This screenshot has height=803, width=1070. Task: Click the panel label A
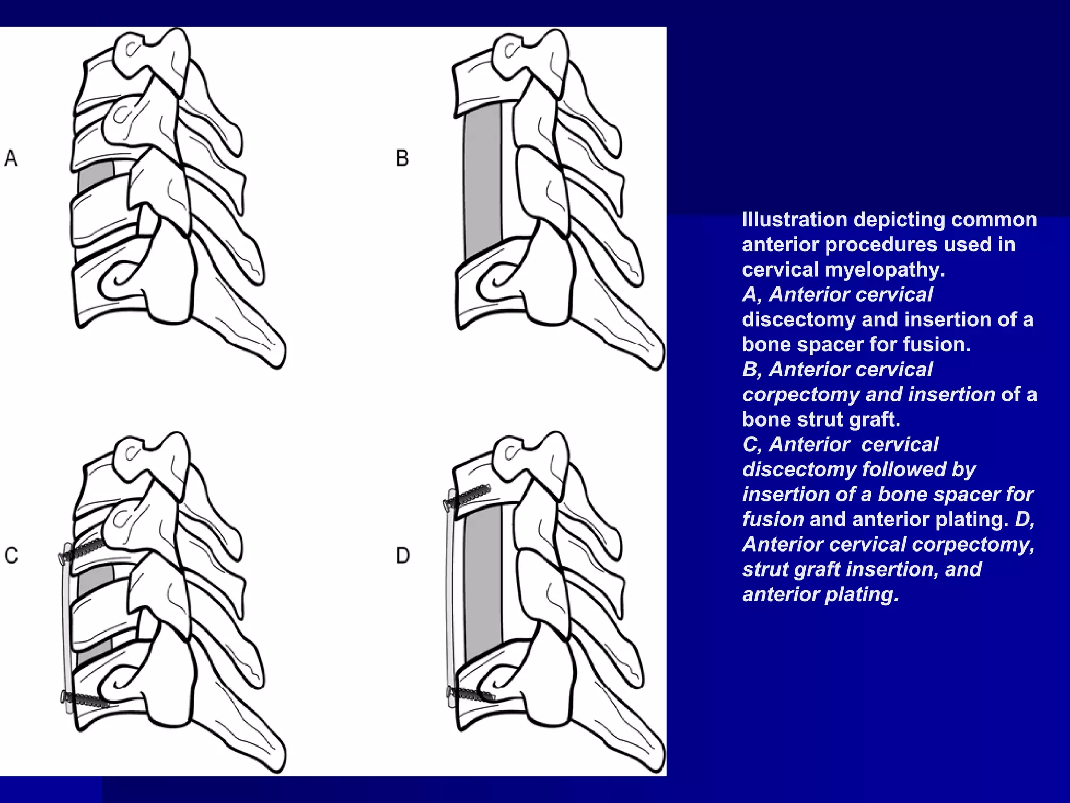[11, 158]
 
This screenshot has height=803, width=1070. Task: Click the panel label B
[402, 158]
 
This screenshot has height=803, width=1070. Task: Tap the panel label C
[11, 555]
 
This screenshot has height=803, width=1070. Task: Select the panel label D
[402, 555]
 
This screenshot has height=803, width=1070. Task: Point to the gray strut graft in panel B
[482, 183]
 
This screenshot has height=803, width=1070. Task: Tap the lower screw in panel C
[84, 699]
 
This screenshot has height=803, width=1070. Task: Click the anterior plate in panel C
[67, 627]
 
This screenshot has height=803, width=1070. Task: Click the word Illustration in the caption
[794, 220]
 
